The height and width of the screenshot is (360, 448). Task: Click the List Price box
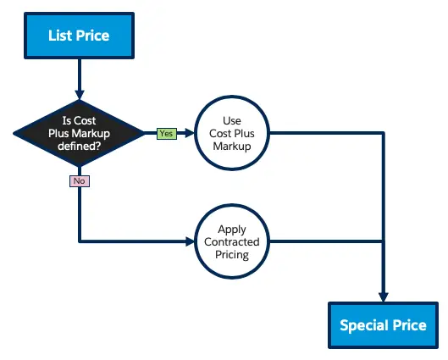pos(79,36)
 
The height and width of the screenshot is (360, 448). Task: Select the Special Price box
pos(383,325)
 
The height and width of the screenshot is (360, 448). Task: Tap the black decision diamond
pos(79,133)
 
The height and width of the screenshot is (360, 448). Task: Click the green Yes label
pos(167,134)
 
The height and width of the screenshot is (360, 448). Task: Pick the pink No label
pos(80,181)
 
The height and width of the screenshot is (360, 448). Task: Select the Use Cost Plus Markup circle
pos(232,133)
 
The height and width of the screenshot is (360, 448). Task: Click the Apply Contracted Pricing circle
pos(232,241)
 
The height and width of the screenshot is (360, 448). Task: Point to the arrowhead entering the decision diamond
pos(80,95)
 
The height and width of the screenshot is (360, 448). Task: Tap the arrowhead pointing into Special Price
pos(383,296)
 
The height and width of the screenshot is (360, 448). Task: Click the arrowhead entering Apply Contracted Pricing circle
pos(190,241)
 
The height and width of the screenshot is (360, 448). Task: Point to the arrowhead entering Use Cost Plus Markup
pos(190,133)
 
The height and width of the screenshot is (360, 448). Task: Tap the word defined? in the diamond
pos(79,146)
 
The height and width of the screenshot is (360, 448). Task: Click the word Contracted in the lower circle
pos(232,241)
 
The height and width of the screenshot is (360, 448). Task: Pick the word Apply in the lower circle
pos(232,230)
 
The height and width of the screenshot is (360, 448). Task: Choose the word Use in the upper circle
pos(232,120)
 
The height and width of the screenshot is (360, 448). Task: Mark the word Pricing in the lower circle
pos(232,255)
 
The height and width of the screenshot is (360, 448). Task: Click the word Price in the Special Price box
pos(409,325)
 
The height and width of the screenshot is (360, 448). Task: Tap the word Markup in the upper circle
pos(232,147)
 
